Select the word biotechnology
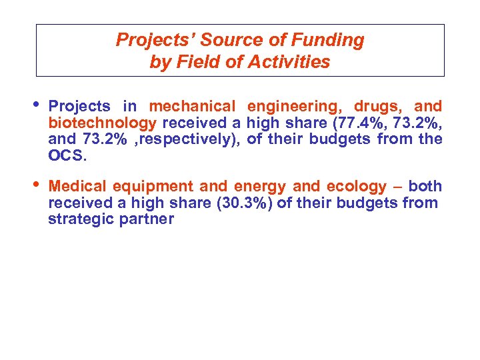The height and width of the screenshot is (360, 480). (103, 123)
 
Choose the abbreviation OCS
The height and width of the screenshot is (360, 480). (66, 155)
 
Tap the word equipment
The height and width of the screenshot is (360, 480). (153, 187)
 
